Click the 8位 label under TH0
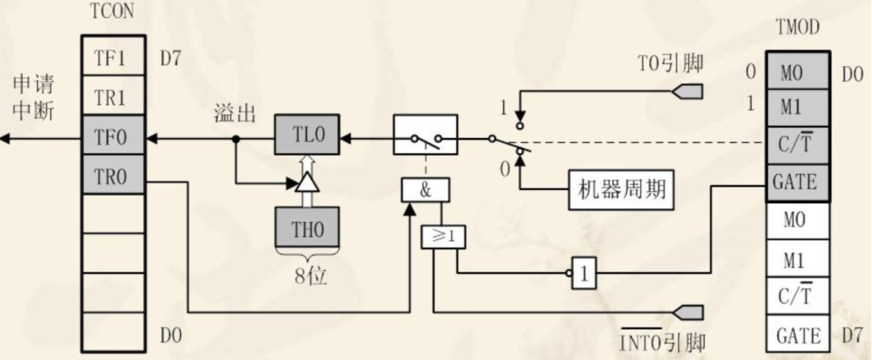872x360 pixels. point(307,279)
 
